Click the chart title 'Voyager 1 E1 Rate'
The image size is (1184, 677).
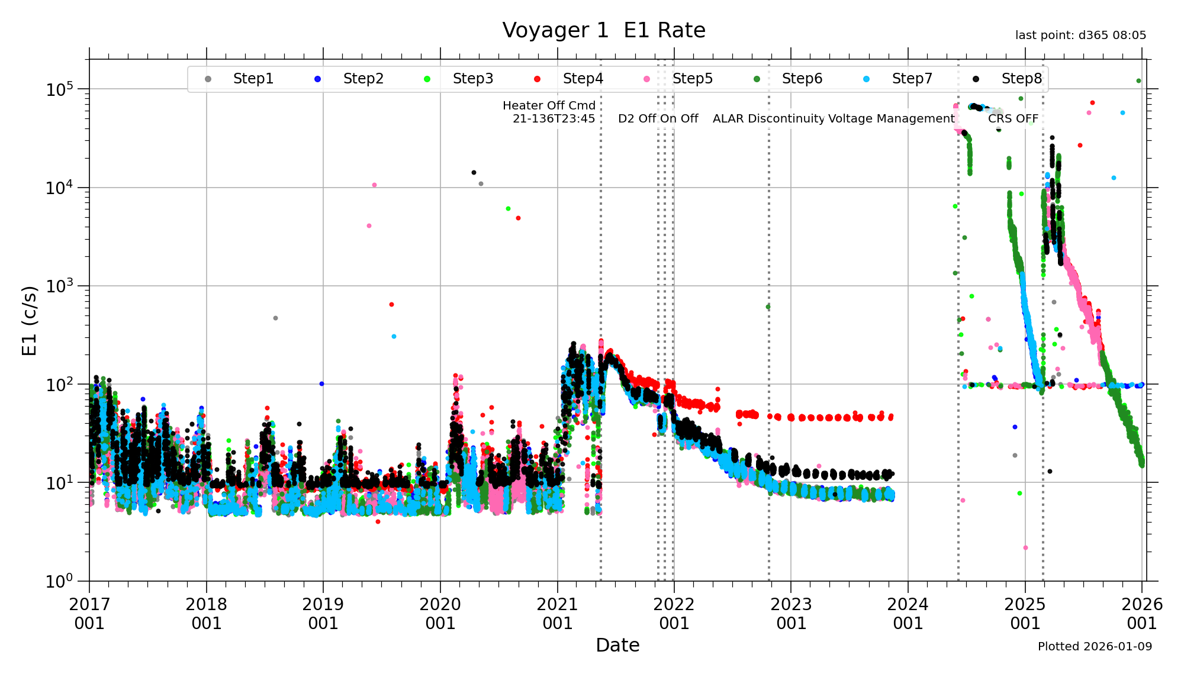point(603,30)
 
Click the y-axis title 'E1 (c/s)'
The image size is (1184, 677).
point(29,321)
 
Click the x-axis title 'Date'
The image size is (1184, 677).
point(617,645)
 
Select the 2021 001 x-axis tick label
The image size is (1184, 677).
point(557,614)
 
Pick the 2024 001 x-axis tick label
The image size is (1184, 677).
point(908,614)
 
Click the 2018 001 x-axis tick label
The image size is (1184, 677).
point(206,614)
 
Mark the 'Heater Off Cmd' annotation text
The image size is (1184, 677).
point(549,106)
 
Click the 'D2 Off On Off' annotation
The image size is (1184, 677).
point(658,119)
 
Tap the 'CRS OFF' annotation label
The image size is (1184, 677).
point(1013,119)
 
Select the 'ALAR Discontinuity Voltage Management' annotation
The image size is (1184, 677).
point(834,119)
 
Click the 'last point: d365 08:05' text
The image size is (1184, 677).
point(1080,36)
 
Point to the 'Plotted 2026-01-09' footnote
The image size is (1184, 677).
point(1095,647)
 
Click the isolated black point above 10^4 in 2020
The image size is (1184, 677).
point(474,173)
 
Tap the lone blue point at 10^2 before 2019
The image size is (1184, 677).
point(321,384)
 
